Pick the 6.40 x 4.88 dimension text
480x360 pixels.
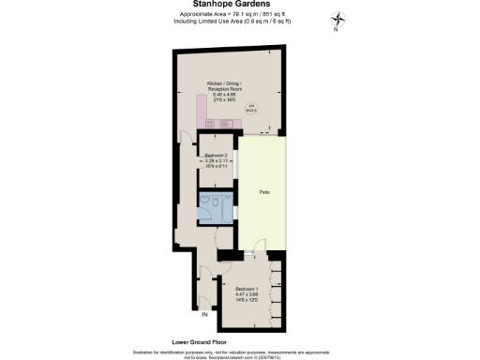click(226, 95)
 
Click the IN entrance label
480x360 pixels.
click(204, 313)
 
